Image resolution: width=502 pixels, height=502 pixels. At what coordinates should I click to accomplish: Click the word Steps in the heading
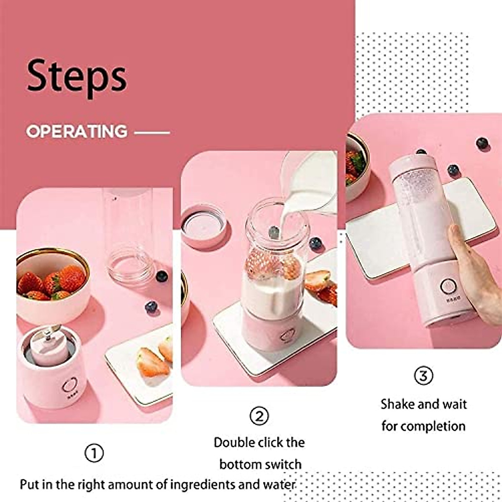(x=77, y=77)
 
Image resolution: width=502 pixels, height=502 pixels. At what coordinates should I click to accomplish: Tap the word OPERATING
(x=77, y=131)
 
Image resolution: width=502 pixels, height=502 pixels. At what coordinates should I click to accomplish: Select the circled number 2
(x=259, y=416)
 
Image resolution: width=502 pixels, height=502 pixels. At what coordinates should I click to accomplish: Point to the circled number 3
(x=423, y=375)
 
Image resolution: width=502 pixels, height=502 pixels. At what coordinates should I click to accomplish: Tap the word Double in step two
(x=234, y=442)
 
